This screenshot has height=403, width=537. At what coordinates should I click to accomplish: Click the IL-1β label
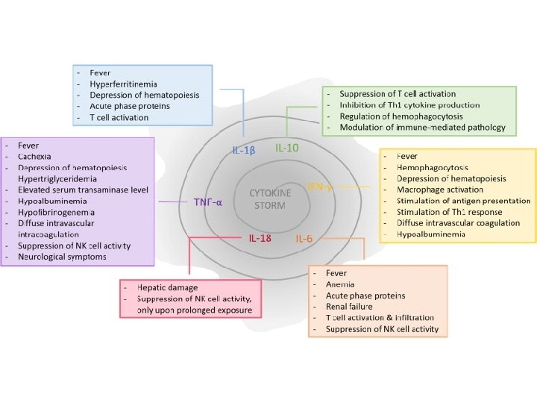(x=244, y=151)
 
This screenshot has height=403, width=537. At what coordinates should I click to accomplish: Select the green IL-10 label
(x=287, y=148)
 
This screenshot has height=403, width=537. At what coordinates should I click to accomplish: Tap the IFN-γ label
(x=320, y=186)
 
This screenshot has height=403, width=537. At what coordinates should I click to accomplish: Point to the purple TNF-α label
(x=208, y=201)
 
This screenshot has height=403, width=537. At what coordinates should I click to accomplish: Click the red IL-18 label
(x=260, y=238)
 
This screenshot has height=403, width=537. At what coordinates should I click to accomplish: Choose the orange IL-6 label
(x=304, y=239)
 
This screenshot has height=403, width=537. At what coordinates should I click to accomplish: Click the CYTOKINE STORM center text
(x=270, y=199)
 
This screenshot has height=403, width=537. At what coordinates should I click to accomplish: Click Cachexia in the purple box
(x=34, y=156)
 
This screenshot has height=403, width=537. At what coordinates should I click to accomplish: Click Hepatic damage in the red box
(x=167, y=287)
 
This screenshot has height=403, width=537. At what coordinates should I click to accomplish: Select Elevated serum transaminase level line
(x=84, y=190)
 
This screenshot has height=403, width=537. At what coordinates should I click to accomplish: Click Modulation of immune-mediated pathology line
(x=422, y=128)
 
